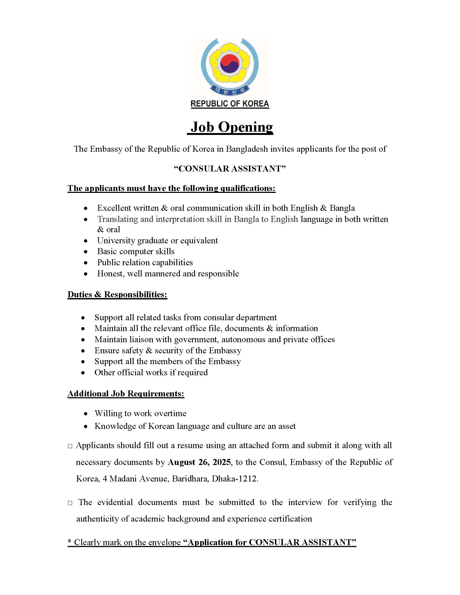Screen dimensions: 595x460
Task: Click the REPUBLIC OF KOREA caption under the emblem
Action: (229, 104)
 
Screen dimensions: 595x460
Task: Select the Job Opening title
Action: (231, 127)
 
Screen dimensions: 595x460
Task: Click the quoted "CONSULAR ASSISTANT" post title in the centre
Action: (230, 169)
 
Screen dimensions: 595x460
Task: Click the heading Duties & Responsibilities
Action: (117, 294)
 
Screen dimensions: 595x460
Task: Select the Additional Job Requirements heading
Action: (126, 393)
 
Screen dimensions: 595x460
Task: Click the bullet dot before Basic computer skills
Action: (86, 252)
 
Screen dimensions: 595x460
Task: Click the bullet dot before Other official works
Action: (83, 373)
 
